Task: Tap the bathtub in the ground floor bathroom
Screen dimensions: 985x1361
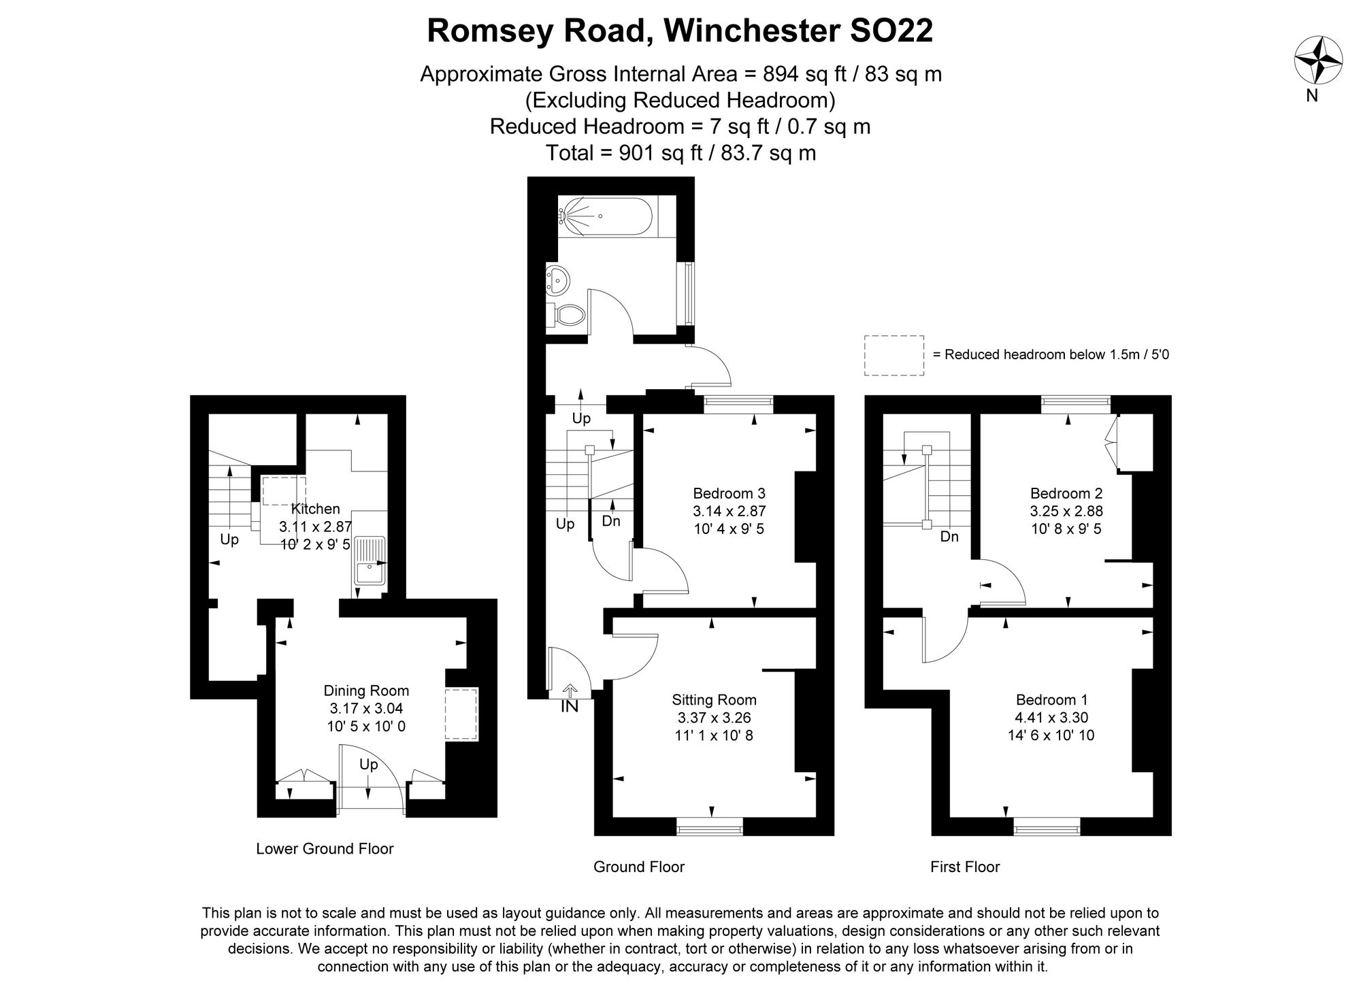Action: pos(604,216)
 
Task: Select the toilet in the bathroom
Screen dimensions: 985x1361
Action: pos(568,315)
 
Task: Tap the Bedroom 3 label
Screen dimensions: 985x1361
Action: pos(729,493)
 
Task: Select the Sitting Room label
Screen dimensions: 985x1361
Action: pos(714,699)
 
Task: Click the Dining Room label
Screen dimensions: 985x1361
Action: pos(366,690)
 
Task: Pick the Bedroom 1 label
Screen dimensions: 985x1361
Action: pos(1051,699)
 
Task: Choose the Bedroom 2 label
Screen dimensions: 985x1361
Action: pos(1066,493)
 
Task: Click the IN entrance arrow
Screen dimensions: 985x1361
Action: pos(570,699)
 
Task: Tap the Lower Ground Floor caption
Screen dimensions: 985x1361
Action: pos(325,848)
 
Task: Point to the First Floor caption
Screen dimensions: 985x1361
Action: pos(965,867)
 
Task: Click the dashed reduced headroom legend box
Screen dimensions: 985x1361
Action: pos(893,355)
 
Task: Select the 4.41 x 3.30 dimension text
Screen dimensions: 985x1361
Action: pos(1051,717)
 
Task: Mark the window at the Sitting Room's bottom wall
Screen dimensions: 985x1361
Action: pos(710,827)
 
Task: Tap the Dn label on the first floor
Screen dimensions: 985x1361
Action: pos(949,537)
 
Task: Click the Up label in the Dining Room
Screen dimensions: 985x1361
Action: pos(368,765)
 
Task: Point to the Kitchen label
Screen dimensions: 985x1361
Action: pos(315,509)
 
